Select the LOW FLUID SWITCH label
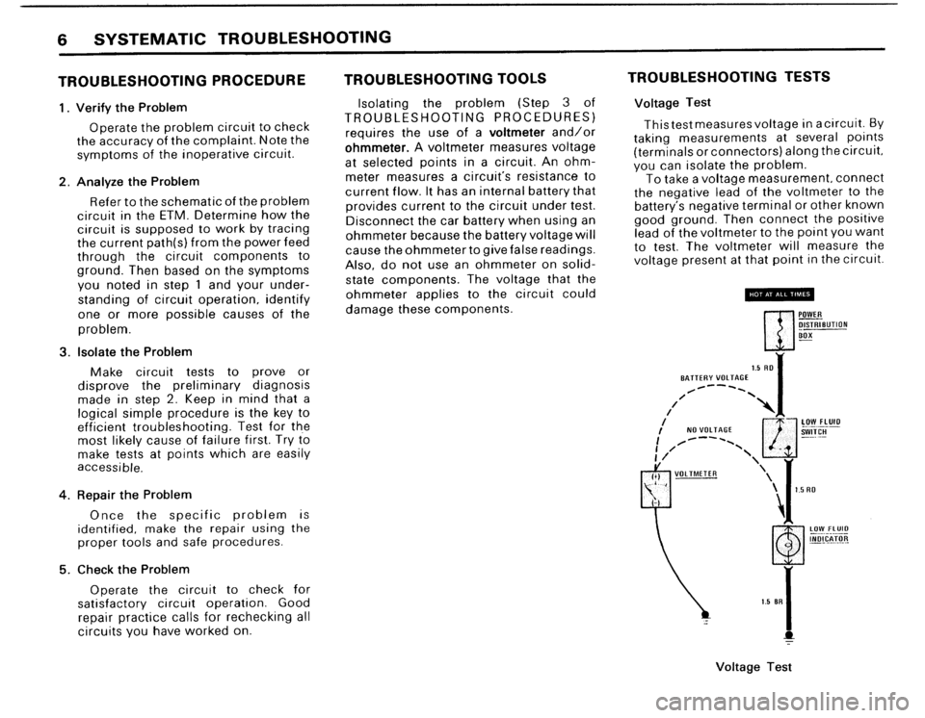(823, 426)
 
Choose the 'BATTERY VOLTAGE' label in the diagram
(708, 377)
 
